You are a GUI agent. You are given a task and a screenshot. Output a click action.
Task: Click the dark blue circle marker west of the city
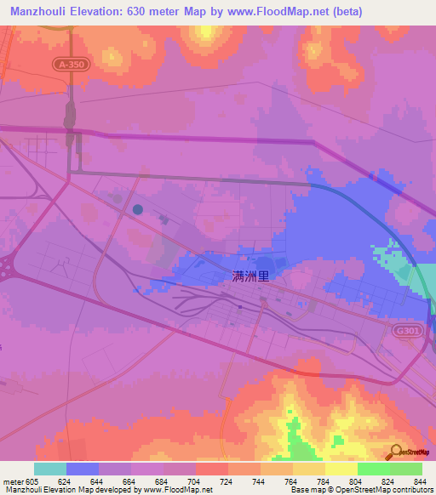(x=138, y=208)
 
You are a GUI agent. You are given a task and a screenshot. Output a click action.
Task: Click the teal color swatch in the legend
(x=50, y=469)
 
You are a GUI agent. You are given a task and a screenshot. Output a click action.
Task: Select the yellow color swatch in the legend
(x=341, y=469)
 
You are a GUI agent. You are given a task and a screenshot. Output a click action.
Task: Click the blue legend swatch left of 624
(x=83, y=469)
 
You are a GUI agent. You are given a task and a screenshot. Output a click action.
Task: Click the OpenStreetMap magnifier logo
(x=395, y=452)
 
